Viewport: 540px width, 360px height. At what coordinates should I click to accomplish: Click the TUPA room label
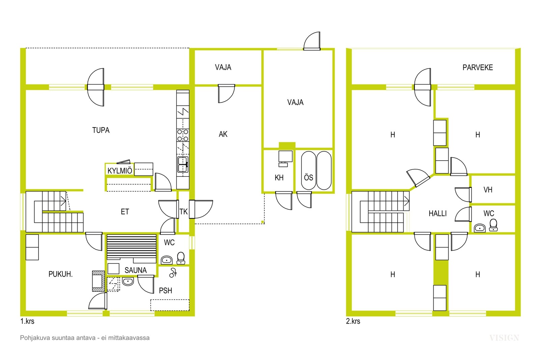101,130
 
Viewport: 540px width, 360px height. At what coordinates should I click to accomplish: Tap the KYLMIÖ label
120,171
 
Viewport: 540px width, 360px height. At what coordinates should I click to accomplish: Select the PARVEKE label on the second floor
478,67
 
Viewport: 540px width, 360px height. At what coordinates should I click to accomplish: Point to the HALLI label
437,214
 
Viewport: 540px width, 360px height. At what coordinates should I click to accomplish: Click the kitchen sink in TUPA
183,164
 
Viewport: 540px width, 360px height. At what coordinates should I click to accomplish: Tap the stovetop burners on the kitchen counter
183,135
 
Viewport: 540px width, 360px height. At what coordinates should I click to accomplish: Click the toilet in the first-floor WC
181,258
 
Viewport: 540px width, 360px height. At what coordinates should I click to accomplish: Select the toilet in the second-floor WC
493,225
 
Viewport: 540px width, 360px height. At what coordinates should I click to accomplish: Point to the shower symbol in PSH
173,273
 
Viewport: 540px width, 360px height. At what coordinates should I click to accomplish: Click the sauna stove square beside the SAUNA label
113,269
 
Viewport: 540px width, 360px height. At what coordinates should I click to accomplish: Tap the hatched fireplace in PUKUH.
98,281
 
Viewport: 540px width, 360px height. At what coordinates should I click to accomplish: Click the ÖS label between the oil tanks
308,177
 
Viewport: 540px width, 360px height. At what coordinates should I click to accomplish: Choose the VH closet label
488,190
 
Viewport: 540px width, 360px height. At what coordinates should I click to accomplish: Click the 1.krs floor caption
27,321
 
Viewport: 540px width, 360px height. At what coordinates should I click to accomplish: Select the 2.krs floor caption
353,321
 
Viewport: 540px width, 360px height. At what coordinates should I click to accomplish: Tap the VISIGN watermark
504,338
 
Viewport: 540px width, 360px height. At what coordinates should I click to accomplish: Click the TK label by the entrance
184,212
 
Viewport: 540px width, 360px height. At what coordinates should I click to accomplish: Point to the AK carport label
223,134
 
